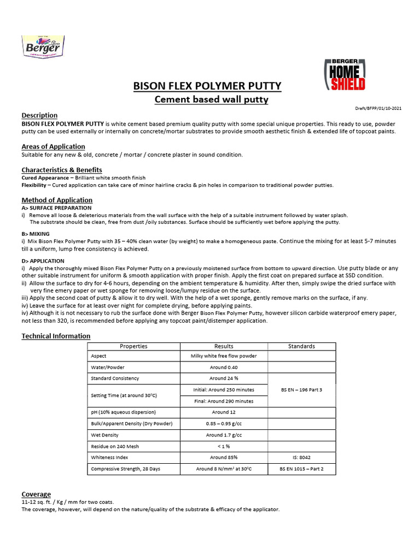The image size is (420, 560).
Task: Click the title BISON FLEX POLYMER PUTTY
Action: (x=207, y=86)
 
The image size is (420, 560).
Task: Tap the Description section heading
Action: (x=39, y=115)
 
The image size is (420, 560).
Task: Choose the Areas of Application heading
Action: (x=53, y=147)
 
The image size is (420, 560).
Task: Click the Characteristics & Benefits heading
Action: (x=62, y=170)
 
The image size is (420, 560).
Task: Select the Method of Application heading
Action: (x=57, y=200)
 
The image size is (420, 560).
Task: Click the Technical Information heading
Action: (x=56, y=336)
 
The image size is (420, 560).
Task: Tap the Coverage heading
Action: (x=36, y=494)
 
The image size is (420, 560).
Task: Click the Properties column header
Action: (x=133, y=346)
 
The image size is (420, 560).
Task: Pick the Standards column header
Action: (x=301, y=346)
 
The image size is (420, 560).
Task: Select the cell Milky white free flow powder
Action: (x=224, y=356)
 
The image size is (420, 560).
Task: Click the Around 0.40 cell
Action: (x=224, y=367)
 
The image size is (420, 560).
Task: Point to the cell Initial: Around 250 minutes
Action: (x=224, y=389)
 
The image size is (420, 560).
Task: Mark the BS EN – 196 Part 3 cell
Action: (x=301, y=389)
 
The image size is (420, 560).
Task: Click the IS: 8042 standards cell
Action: (x=301, y=457)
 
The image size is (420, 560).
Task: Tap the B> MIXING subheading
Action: (x=36, y=233)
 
